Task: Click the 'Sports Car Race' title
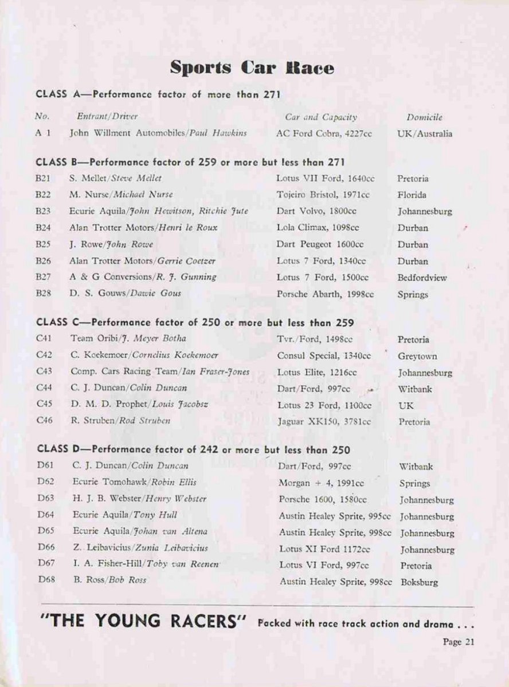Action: point(252,68)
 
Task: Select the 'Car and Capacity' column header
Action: point(321,117)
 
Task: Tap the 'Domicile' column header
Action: point(424,117)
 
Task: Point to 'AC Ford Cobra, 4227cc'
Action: point(324,133)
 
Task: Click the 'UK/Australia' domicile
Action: point(424,134)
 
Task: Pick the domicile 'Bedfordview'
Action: point(422,278)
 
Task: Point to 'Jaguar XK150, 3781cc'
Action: point(324,421)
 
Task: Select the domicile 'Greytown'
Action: point(417,356)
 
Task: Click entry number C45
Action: point(44,404)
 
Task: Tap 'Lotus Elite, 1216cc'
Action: point(317,372)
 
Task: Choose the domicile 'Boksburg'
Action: point(418,583)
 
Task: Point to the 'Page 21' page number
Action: point(459,642)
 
